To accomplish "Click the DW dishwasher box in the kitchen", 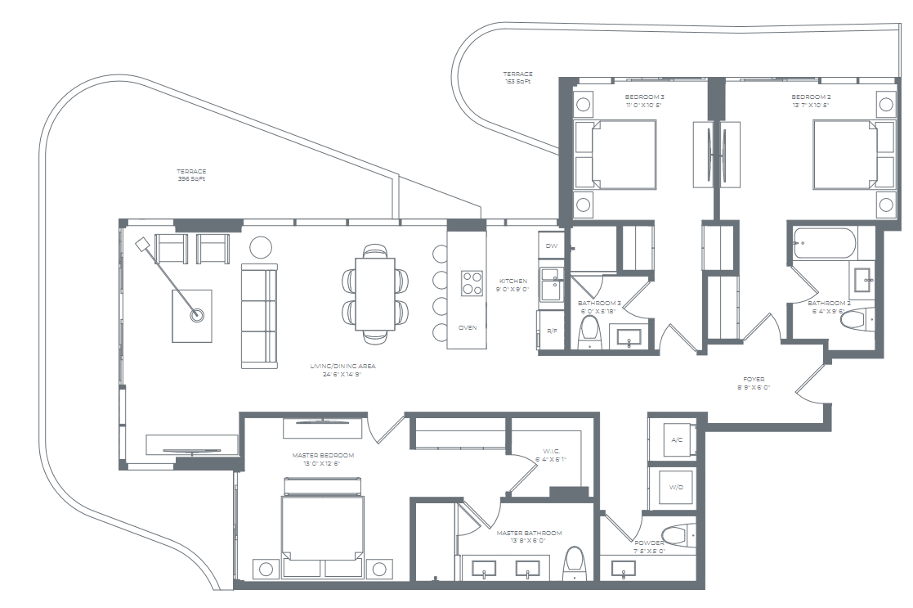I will [550, 245].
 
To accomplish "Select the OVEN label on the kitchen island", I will [468, 327].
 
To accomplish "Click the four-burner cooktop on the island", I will [472, 283].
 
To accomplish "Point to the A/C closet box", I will [677, 439].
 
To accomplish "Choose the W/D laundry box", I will [677, 488].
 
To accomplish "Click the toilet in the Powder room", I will [676, 536].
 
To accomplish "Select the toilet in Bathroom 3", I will [589, 332].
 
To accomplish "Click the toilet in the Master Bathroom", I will [575, 561].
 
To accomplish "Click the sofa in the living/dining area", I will [259, 316].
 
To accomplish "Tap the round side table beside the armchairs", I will [261, 247].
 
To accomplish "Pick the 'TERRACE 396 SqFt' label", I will [191, 175].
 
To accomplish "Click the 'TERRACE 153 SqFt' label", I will [517, 78].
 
